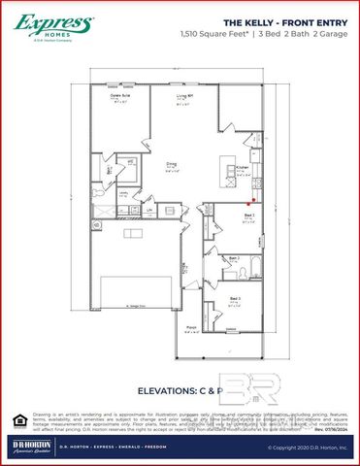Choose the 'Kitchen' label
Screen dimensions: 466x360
243,168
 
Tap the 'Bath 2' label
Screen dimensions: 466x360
232,258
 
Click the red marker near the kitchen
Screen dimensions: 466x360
256,201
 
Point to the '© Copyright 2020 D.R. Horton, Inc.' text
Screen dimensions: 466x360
306,448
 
